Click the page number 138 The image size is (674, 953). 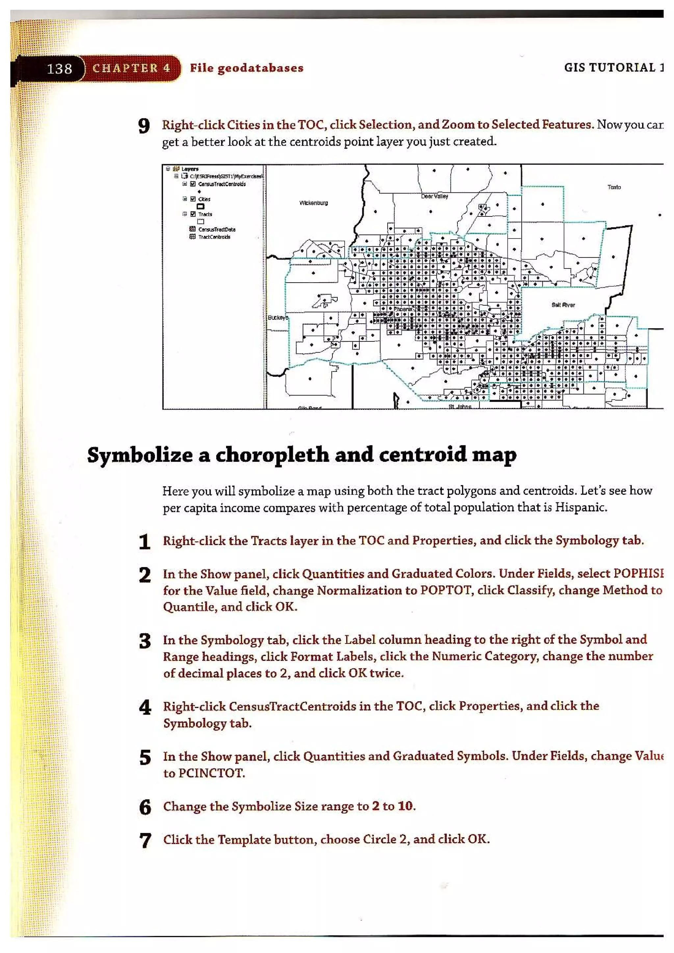[x=59, y=68]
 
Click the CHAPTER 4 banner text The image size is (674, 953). [x=131, y=68]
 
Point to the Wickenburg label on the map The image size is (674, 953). [x=314, y=203]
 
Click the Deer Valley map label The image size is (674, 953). [x=434, y=196]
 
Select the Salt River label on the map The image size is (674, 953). [x=563, y=305]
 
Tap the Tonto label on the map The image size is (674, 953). [x=614, y=187]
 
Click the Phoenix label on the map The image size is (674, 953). [x=402, y=309]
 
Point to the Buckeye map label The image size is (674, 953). [x=277, y=317]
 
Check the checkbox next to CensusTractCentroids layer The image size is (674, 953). [x=193, y=184]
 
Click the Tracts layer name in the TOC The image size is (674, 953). [x=205, y=214]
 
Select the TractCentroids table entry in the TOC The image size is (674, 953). [x=214, y=237]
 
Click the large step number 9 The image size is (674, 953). [x=144, y=126]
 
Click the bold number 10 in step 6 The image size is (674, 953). [x=405, y=806]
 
